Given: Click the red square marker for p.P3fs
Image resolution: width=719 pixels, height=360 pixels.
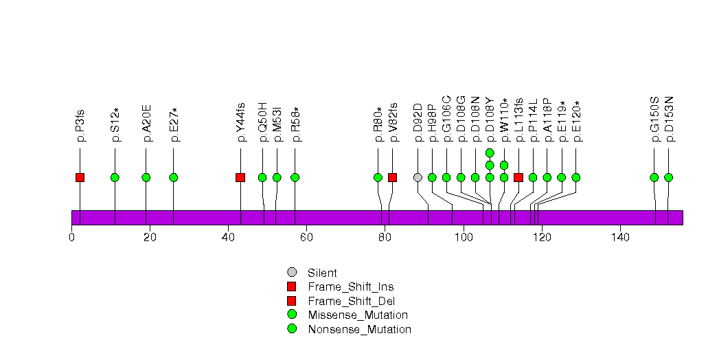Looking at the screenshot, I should point(80,178).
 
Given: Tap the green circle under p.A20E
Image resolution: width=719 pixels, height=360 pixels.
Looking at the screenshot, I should point(146,178).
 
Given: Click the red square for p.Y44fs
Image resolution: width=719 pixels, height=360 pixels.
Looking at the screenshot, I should point(240,178).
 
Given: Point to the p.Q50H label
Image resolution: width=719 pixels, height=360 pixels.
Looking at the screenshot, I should point(262,122).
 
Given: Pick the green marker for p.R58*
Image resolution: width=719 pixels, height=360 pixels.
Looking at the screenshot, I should point(295,178).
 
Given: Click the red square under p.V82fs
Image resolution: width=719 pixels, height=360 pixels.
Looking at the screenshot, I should point(392,178).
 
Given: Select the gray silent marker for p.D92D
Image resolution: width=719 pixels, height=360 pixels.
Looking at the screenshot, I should point(418,178).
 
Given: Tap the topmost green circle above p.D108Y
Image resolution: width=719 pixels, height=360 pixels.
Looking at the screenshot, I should point(490,153).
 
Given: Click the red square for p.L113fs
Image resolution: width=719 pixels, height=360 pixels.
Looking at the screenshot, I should point(518,178).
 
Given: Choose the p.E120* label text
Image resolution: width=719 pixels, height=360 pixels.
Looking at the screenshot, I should point(576,122).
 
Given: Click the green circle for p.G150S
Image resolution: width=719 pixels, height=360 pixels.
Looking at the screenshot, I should point(654,178).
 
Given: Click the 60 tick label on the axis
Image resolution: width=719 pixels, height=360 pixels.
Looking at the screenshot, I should point(306,238).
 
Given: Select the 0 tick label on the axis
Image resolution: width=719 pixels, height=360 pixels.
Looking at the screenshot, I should point(72,238).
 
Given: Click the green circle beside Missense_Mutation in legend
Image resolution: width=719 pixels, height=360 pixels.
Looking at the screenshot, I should point(292,315).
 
